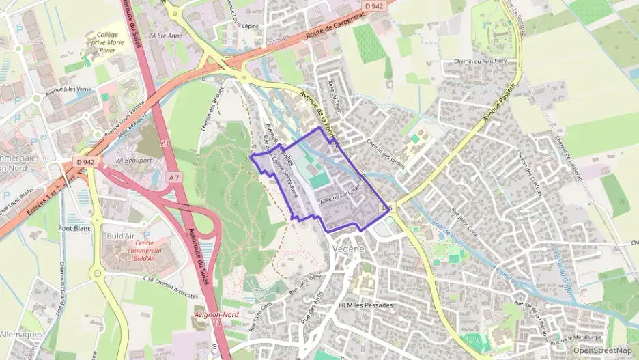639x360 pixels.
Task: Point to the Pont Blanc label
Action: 74,228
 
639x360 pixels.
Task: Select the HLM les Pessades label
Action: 366,305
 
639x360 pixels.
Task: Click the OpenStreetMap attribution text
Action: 602,350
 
